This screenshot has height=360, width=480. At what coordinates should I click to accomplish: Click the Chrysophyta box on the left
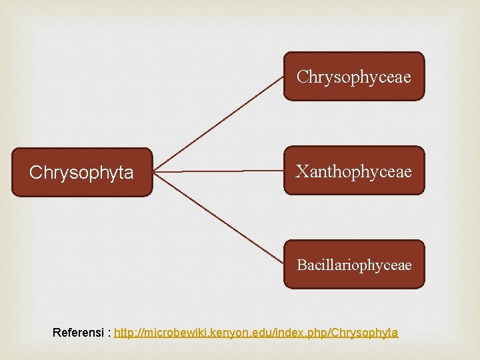81,173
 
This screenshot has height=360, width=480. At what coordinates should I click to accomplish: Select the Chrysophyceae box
354,77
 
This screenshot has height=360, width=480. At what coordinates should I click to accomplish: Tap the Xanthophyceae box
354,171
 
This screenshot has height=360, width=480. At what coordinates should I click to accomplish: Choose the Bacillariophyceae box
354,265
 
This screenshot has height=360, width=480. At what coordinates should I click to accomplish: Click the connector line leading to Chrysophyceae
220,123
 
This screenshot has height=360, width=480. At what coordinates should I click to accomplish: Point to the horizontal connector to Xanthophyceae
220,171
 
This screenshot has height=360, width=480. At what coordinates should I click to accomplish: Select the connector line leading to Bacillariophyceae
220,218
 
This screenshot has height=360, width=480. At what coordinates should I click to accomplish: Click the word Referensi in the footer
78,332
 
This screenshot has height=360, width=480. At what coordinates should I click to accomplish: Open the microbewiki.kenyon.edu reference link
256,332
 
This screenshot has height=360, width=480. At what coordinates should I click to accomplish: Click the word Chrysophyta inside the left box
81,173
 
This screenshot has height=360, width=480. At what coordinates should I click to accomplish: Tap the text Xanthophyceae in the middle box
354,171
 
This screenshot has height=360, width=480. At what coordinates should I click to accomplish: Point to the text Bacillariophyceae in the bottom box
354,265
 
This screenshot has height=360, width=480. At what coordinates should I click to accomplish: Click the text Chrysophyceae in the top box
354,77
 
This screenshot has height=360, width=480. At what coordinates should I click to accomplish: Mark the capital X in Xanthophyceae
302,171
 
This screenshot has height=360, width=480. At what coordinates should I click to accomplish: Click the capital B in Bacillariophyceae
301,265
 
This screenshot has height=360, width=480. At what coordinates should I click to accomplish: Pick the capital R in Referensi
57,332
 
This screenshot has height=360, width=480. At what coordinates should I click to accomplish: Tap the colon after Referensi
109,333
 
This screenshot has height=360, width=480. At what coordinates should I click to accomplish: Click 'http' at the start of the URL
125,332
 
